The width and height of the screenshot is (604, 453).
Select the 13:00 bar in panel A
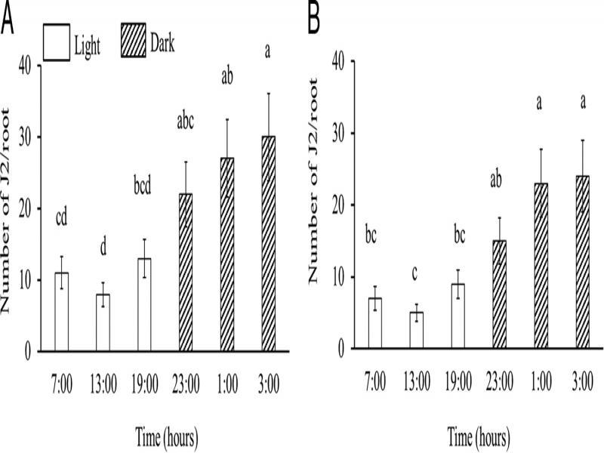(x=102, y=322)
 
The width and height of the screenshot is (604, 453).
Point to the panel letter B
(x=315, y=20)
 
